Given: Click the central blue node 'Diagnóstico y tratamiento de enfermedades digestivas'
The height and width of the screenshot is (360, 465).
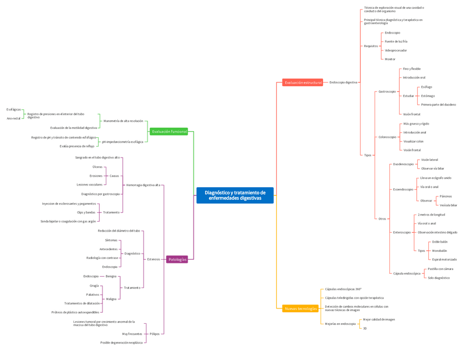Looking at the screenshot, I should click(x=235, y=195).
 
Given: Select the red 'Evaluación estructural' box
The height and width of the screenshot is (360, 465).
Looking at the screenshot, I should click(x=303, y=82).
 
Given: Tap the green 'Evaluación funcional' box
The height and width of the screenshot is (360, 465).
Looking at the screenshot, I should click(x=169, y=132).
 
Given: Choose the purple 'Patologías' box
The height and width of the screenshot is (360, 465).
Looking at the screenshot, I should click(x=177, y=260).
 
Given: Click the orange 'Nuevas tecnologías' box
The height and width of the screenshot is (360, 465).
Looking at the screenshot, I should click(x=300, y=308).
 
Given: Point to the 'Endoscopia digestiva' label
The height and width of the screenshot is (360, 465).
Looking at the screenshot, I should click(x=343, y=82).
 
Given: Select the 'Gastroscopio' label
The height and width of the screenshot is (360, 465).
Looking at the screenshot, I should click(x=387, y=92).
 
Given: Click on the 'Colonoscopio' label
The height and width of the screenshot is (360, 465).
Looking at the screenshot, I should click(x=387, y=137).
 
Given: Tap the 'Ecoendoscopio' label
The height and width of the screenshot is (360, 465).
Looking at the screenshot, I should click(x=403, y=189).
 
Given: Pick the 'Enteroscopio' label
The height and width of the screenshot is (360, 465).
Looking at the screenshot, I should click(x=402, y=232).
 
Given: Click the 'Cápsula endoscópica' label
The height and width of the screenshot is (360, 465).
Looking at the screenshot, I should click(x=406, y=273).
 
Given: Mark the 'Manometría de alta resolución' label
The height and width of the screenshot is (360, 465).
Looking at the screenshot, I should click(x=123, y=121).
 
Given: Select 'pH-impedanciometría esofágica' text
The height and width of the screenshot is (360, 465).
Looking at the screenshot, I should click(x=122, y=142).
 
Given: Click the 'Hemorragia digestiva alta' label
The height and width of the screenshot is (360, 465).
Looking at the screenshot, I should click(x=143, y=185).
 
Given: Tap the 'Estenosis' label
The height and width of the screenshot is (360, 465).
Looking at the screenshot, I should click(x=154, y=259).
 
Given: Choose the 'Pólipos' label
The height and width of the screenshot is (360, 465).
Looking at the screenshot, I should click(x=154, y=334).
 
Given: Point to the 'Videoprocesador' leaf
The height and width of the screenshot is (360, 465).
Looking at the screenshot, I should click(x=395, y=50).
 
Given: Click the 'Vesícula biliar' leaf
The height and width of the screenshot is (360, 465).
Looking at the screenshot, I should click(x=448, y=205).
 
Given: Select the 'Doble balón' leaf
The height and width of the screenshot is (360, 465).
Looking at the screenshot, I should click(x=439, y=241).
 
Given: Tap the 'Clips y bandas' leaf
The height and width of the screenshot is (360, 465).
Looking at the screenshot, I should click(x=86, y=212).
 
